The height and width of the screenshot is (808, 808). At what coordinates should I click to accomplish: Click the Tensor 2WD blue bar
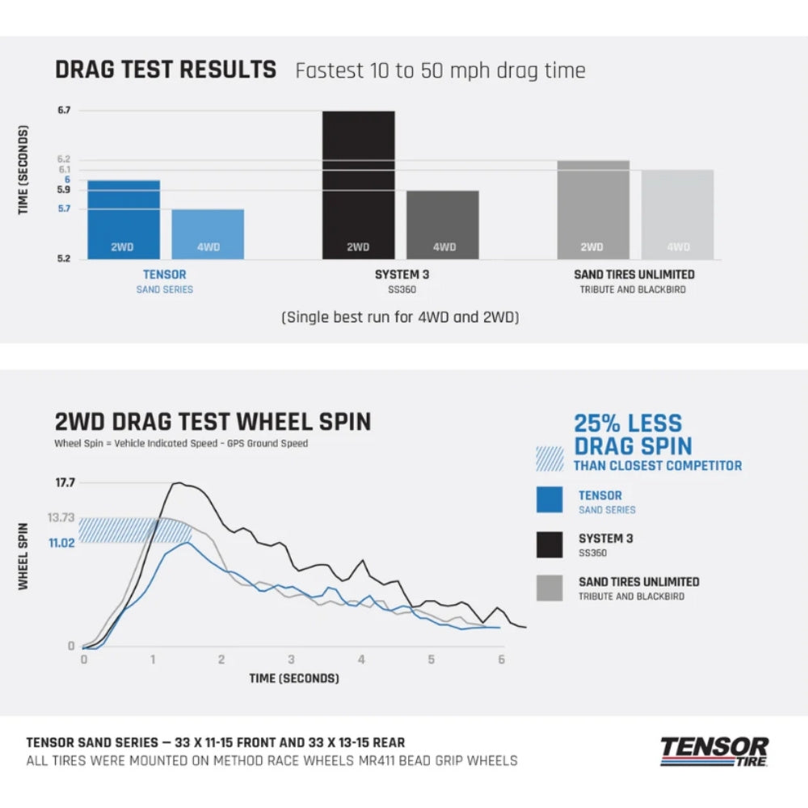123,220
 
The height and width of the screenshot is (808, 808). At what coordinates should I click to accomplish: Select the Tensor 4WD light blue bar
208,234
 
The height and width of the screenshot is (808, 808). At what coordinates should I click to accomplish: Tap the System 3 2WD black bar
359,185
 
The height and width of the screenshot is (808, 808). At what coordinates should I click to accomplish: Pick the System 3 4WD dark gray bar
443,225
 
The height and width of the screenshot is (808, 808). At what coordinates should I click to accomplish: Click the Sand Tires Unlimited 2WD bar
592,210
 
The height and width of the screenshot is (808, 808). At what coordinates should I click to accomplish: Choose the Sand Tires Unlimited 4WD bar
678,215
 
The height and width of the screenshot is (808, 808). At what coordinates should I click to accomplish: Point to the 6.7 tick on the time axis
64,111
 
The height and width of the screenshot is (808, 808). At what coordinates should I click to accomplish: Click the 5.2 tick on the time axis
64,259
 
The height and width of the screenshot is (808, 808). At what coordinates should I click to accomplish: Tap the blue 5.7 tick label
64,209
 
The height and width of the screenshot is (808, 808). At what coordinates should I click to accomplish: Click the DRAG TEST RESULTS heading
166,69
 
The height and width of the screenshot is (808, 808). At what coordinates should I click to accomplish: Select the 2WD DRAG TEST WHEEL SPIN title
213,422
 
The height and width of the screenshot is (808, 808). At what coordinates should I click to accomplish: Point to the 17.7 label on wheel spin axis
65,483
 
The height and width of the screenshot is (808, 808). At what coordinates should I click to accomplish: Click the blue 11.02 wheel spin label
61,544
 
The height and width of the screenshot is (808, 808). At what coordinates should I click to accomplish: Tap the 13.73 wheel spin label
61,518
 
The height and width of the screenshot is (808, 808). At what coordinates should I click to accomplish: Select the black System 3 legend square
549,545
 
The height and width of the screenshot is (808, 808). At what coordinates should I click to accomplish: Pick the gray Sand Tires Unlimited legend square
549,587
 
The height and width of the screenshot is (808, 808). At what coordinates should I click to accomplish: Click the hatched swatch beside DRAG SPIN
549,458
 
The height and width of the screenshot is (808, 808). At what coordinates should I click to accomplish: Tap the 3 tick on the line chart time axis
291,659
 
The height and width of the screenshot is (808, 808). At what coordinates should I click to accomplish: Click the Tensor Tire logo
713,751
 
